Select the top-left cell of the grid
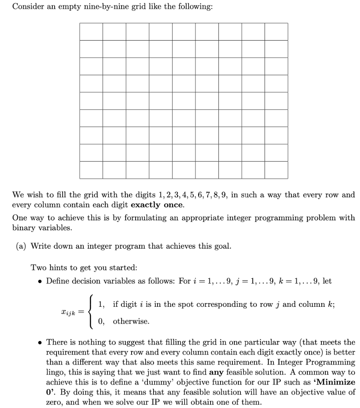tap(91, 31)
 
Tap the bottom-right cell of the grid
tap(276, 170)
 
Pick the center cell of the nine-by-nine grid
tap(184, 101)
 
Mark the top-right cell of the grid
tap(276, 31)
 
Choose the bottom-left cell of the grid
tap(91, 170)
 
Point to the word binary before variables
tap(24, 228)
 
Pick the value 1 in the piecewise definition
tap(101, 304)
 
